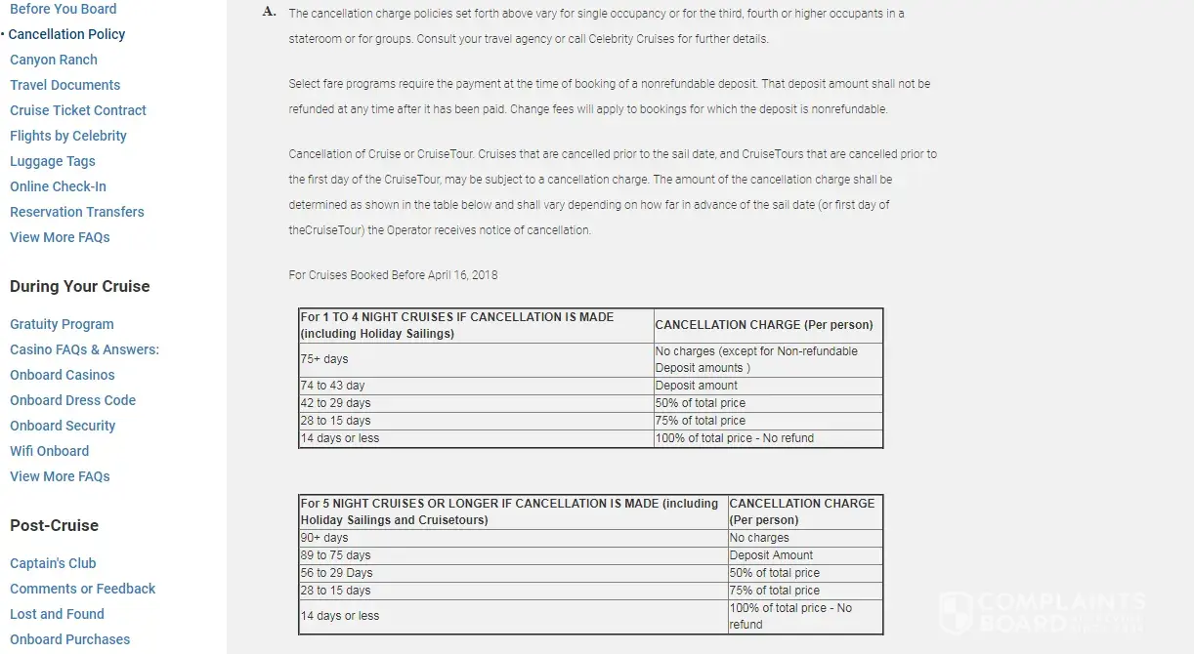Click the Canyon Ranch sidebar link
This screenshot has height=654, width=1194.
(x=54, y=60)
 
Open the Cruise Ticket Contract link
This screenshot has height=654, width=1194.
(x=78, y=110)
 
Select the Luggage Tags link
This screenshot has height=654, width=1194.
(x=53, y=161)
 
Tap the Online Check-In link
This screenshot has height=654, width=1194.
(x=58, y=186)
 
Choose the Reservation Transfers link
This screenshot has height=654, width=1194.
(x=77, y=212)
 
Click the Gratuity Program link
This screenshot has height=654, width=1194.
(x=62, y=324)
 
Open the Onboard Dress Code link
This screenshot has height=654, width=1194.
(x=72, y=400)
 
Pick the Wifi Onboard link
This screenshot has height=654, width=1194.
(x=49, y=451)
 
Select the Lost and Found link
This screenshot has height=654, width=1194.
(x=57, y=614)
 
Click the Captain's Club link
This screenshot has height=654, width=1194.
(x=53, y=563)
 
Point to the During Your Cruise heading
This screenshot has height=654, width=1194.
(x=80, y=286)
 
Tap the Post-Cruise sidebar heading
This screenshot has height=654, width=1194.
(x=54, y=525)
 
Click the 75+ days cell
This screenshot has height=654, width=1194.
(x=324, y=359)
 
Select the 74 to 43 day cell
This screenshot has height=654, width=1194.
(x=332, y=386)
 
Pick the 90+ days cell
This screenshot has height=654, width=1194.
(x=324, y=538)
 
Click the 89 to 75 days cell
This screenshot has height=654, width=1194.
(x=335, y=555)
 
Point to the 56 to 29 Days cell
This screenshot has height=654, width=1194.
(x=336, y=573)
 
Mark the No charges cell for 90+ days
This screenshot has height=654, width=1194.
(x=759, y=538)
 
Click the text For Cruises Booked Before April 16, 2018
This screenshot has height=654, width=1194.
(x=393, y=275)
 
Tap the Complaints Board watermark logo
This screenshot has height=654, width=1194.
(x=1042, y=611)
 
